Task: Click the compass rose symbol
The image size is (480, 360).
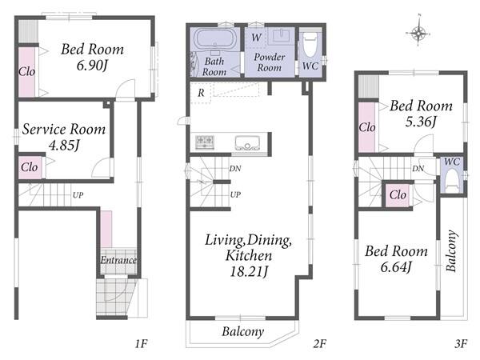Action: pos(418,31)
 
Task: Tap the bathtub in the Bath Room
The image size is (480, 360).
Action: pos(214,39)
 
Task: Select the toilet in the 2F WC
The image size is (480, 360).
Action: pos(310,45)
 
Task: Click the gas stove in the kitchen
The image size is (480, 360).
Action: pos(205,142)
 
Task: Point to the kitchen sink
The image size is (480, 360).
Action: pos(247,142)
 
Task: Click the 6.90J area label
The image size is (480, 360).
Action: pos(92,66)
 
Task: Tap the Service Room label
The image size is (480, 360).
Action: pos(64,129)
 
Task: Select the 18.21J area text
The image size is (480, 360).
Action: pos(249,271)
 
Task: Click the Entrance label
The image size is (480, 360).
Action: pos(118,260)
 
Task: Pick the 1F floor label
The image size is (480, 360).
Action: pos(142,344)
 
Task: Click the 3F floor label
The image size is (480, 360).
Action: pos(461,344)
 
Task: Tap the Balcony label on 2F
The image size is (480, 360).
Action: pos(243,331)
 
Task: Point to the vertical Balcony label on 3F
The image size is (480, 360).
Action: pos(452,250)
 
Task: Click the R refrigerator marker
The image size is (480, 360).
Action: pos(201,93)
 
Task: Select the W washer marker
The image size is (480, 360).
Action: pos(256,38)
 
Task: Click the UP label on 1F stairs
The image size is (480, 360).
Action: pos(78,195)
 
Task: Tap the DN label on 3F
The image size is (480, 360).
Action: pos(418,168)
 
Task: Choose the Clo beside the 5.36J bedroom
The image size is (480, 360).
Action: pos(367,127)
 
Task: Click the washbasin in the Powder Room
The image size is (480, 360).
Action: pos(281,35)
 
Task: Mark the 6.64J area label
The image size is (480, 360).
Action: pos(396,267)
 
